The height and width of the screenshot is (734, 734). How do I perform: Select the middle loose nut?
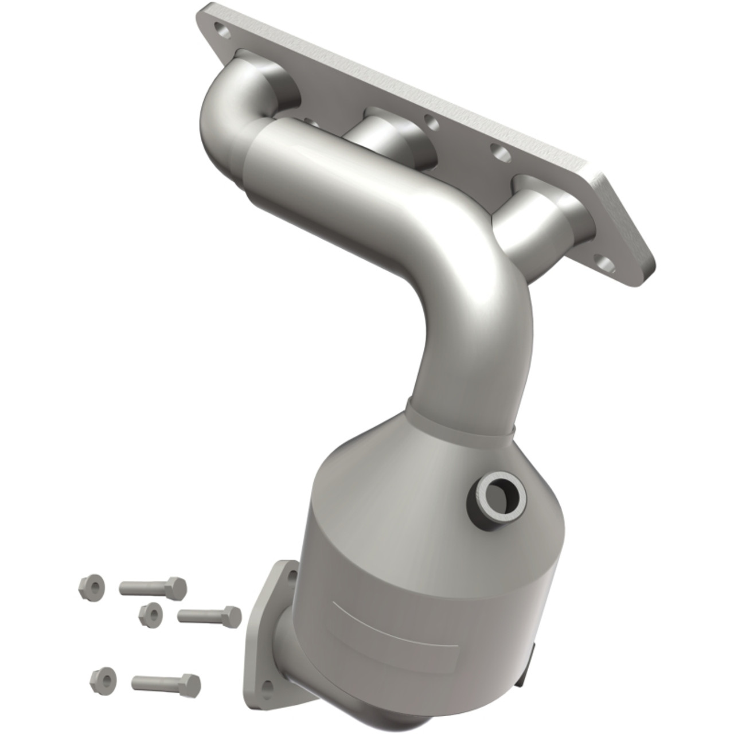click(x=150, y=613)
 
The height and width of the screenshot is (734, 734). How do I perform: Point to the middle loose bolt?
click(x=209, y=616)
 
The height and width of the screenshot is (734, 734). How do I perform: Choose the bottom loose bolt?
click(x=166, y=682)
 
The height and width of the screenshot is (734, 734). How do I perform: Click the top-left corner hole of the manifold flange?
click(x=219, y=27)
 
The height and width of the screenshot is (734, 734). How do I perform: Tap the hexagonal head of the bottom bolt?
click(x=192, y=682)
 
